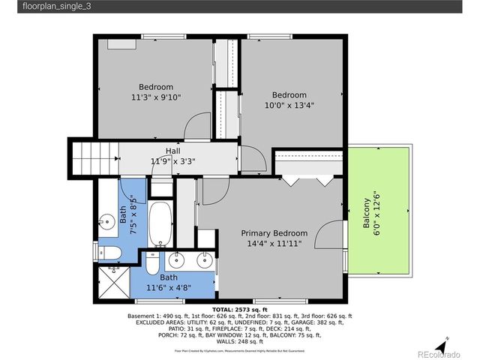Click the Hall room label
[172, 151]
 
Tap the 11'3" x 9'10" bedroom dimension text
[156, 97]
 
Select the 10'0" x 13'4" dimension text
[289, 105]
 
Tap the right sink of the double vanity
[202, 261]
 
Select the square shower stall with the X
[114, 283]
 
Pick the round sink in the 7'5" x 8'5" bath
[104, 221]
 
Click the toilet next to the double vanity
[151, 264]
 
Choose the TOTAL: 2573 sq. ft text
[239, 310]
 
